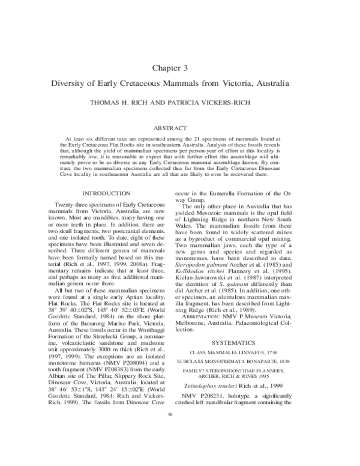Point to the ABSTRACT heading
pos(179,128)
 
